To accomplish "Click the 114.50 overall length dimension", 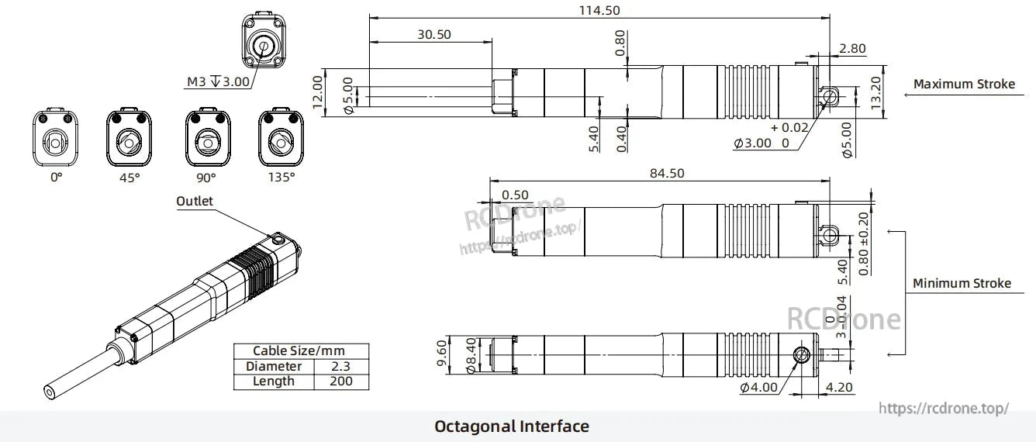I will pyautogui.click(x=599, y=10).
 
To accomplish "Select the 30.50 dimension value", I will pyautogui.click(x=433, y=35).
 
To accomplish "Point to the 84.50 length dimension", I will pyautogui.click(x=666, y=173).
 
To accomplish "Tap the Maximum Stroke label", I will pyautogui.click(x=963, y=85).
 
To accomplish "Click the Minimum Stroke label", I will pyautogui.click(x=962, y=284).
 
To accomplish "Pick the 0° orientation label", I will pyautogui.click(x=56, y=178).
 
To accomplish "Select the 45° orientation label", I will pyautogui.click(x=129, y=178).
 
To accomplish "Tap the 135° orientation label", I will pyautogui.click(x=281, y=178).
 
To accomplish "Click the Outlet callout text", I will pyautogui.click(x=194, y=202).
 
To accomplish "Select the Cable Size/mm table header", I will pyautogui.click(x=301, y=351).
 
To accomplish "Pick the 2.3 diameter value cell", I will pyautogui.click(x=341, y=366).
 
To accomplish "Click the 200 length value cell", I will pyautogui.click(x=341, y=381).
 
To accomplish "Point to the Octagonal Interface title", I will pyautogui.click(x=511, y=426).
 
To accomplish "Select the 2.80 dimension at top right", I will pyautogui.click(x=852, y=49).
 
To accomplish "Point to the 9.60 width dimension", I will pyautogui.click(x=442, y=354).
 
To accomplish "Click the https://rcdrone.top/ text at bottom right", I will pyautogui.click(x=943, y=408).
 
